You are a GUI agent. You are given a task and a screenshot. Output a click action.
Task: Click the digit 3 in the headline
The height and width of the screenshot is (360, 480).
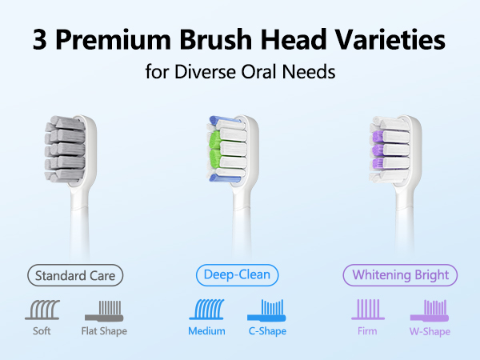pos(40,40)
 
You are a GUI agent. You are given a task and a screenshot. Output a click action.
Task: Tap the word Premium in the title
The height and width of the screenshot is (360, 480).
pos(114,39)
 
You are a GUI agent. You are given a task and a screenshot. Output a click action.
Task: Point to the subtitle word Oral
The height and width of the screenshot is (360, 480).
pos(259,72)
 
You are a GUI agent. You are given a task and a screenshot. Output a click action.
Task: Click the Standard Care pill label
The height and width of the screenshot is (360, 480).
pos(75,275)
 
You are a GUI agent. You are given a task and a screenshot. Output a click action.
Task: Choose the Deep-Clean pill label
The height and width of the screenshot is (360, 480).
pos(238,275)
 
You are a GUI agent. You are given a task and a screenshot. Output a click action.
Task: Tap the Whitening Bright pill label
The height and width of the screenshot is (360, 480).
pos(400,275)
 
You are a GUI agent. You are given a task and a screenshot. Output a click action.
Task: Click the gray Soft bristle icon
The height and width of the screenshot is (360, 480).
pos(42,310)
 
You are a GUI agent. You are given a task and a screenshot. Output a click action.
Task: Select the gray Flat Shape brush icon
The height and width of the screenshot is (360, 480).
pos(104,310)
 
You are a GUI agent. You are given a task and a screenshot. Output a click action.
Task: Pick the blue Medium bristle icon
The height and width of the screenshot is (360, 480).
pos(206,309)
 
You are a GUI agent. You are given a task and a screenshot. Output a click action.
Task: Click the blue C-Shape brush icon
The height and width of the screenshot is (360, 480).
pos(266,310)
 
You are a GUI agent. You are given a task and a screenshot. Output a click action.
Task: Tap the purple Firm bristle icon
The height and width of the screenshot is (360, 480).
pos(368,309)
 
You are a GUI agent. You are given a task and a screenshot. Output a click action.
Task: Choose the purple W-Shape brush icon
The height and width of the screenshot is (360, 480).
pos(430,310)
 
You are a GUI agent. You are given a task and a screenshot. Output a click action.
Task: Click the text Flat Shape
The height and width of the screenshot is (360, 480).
pos(104,331)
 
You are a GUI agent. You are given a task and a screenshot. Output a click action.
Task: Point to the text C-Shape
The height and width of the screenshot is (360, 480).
pos(267,331)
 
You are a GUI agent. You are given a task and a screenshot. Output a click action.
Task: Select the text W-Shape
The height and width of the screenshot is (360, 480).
pos(430,331)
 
